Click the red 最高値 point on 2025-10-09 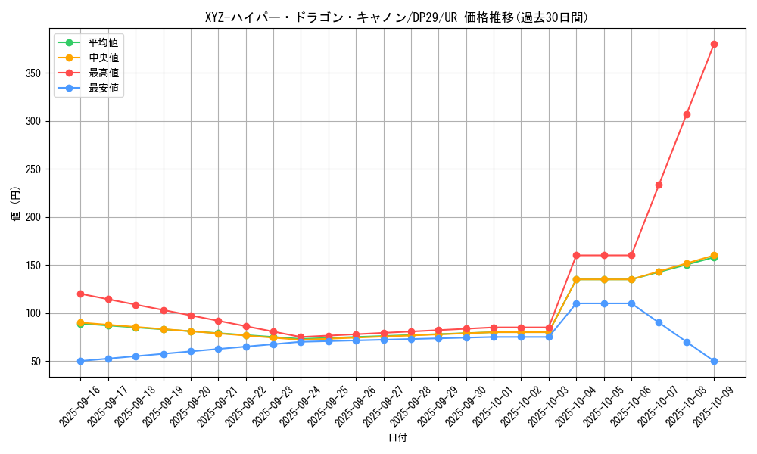pos(714,44)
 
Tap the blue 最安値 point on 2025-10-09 pos(714,361)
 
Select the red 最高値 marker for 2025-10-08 pos(687,114)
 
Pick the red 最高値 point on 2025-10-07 pos(659,185)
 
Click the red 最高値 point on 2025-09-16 pos(81,294)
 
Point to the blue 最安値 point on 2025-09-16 pos(81,361)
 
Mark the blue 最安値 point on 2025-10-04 pos(576,303)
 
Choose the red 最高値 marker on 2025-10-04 pos(576,255)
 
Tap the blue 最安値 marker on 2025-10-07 pos(659,322)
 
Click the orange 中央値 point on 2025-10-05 pos(604,279)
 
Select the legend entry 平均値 pos(103,42)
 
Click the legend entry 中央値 pos(103,58)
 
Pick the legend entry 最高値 pos(103,73)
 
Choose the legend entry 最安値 pos(103,88)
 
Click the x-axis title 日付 pos(397,438)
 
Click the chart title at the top pos(397,17)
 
